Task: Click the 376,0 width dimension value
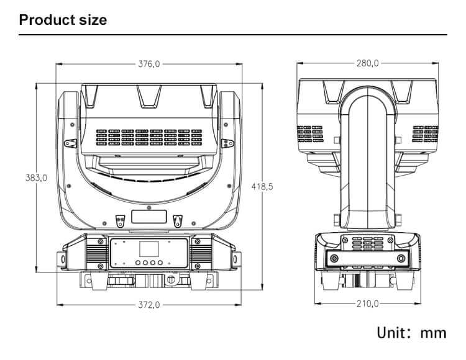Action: click(x=149, y=64)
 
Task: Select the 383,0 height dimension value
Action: click(x=36, y=178)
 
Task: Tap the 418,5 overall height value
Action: click(x=262, y=186)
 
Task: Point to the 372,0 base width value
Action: click(x=149, y=305)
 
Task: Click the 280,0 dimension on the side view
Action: click(x=368, y=63)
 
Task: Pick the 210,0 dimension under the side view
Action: click(x=368, y=304)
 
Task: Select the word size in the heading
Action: click(x=93, y=20)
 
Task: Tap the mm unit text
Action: click(x=433, y=333)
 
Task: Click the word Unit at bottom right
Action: click(x=392, y=333)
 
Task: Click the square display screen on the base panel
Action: click(x=149, y=249)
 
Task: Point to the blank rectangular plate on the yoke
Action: click(x=149, y=217)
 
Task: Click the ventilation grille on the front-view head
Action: click(x=149, y=137)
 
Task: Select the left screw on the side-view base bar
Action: click(x=334, y=258)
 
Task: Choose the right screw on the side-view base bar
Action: click(x=401, y=258)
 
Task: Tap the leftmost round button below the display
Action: click(x=138, y=263)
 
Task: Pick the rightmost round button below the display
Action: click(x=160, y=263)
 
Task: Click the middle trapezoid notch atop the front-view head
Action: click(x=149, y=96)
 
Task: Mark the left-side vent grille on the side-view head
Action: click(x=309, y=134)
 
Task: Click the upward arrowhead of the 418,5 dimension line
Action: click(x=262, y=86)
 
